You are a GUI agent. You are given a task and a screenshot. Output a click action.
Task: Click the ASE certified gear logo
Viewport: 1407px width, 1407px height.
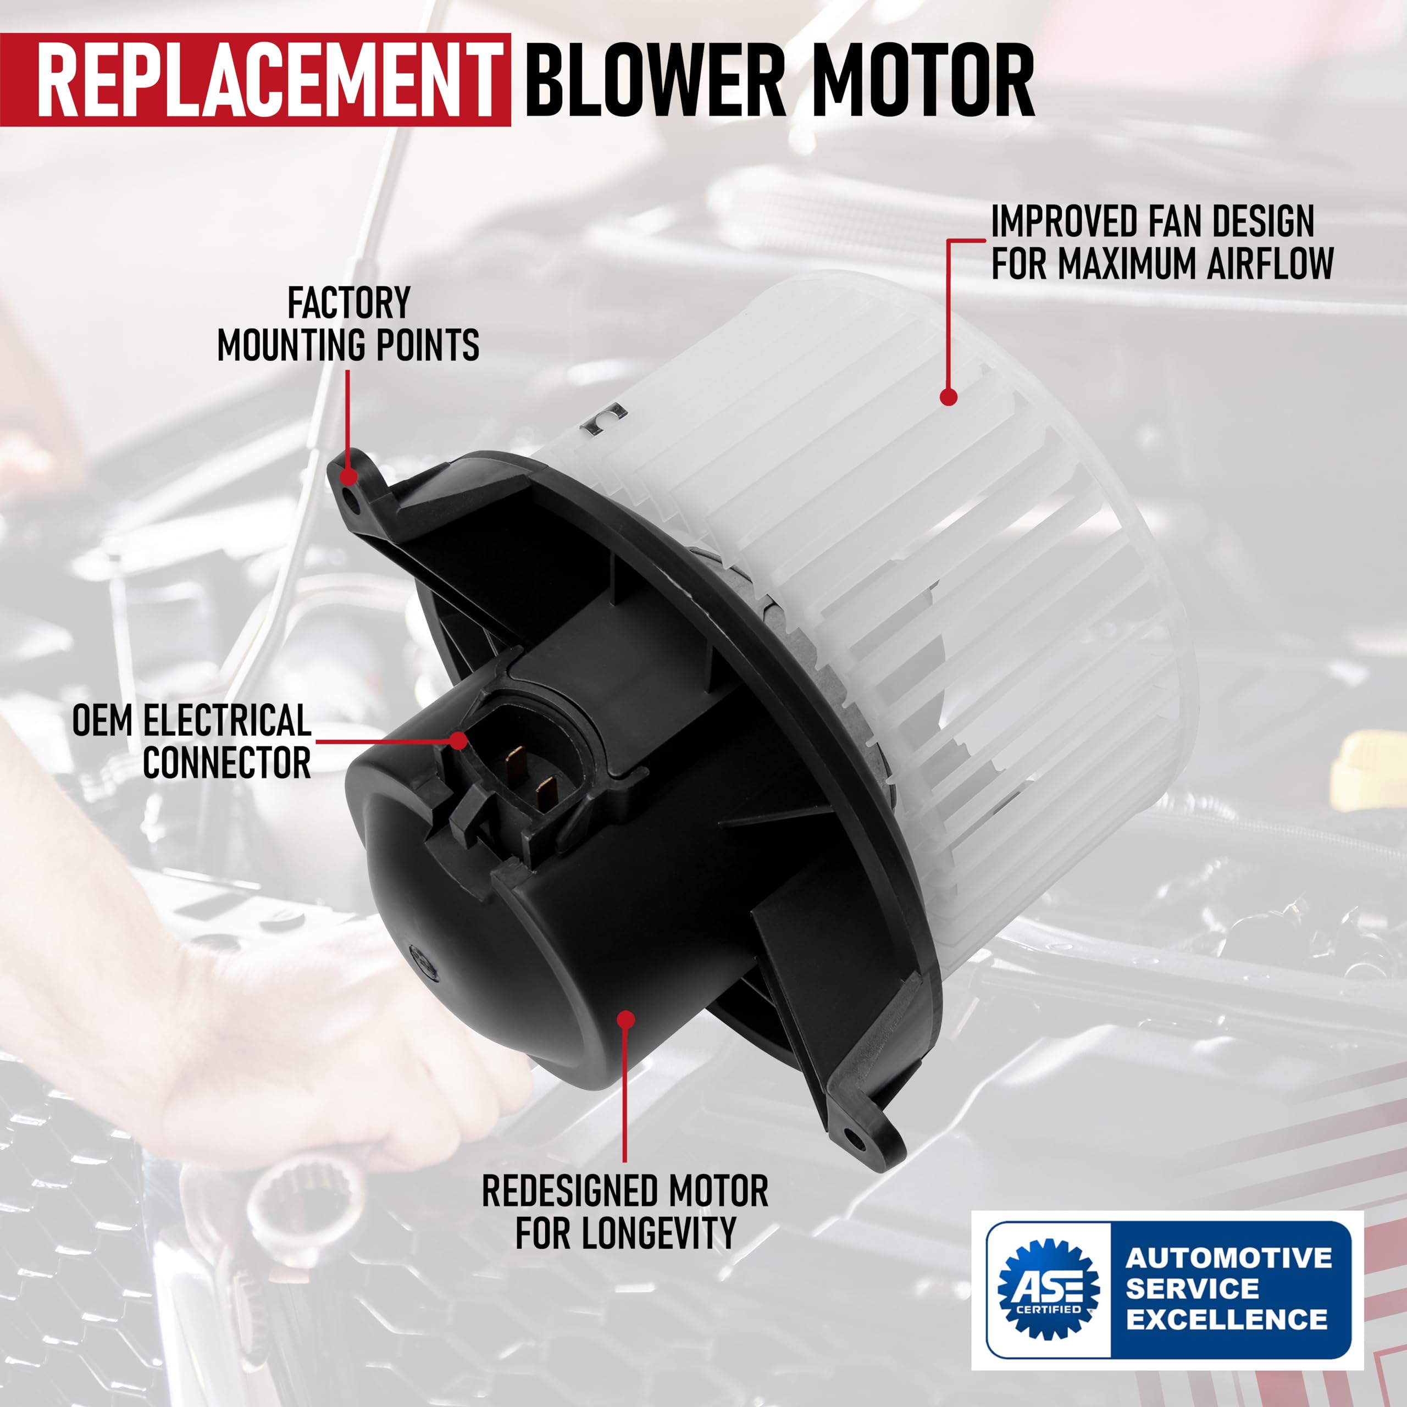(1048, 1288)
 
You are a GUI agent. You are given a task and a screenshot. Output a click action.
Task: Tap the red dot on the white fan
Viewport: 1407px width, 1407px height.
(948, 397)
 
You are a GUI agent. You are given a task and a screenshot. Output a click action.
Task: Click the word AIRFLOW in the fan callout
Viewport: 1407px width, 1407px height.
(1270, 264)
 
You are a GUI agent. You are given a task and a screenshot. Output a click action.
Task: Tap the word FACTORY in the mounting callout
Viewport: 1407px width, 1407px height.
(349, 303)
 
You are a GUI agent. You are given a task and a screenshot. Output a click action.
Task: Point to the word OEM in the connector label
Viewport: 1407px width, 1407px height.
(103, 721)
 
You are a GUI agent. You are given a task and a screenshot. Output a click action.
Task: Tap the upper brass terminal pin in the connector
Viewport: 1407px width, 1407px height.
(516, 762)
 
